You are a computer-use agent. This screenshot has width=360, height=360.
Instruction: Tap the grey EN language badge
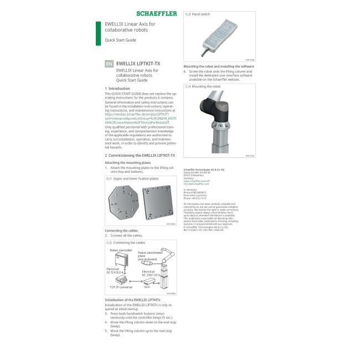tap(109, 64)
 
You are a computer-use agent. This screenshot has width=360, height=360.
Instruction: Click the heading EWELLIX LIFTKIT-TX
tap(138, 64)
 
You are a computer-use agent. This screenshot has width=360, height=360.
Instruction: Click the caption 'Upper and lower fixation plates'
tap(136, 179)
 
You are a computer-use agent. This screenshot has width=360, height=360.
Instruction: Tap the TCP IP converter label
tap(121, 287)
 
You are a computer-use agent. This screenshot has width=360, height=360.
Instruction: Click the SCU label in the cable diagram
tap(147, 287)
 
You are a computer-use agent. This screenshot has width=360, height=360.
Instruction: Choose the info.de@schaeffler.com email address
tap(196, 183)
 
